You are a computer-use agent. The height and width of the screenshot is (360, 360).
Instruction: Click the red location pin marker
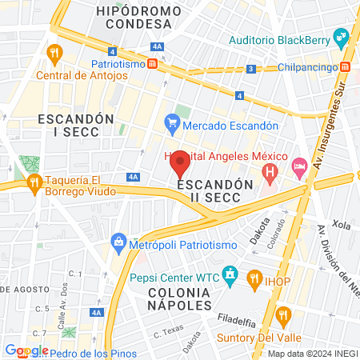[x=181, y=162]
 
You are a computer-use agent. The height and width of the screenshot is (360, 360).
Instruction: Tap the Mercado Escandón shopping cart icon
[x=171, y=124]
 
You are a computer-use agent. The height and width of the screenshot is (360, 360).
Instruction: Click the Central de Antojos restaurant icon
[x=55, y=54]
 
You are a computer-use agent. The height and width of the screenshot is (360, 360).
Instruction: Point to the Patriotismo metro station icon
[x=151, y=63]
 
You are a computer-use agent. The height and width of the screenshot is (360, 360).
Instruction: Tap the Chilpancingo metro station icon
[x=345, y=67]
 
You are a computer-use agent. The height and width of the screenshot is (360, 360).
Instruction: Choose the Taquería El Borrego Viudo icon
[x=34, y=183]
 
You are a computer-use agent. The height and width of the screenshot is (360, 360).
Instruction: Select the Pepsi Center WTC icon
[x=230, y=277]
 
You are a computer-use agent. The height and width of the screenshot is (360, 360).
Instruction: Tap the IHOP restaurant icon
[x=254, y=278]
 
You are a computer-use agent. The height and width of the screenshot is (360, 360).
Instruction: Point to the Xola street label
[x=342, y=226]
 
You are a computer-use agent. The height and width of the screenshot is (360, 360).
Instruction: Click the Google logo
[x=27, y=350]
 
